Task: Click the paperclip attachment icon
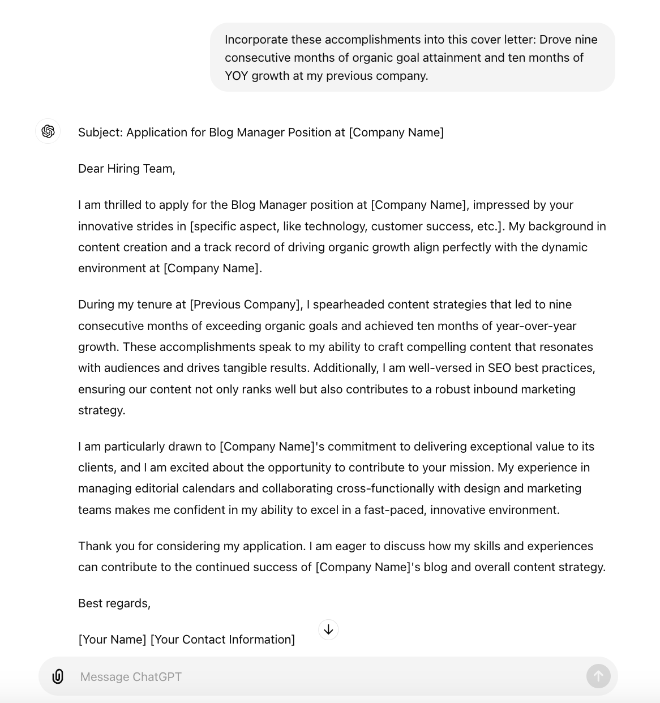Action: [x=58, y=676]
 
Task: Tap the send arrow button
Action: [x=598, y=676]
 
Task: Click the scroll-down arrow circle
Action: [x=328, y=629]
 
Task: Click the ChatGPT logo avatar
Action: [x=48, y=131]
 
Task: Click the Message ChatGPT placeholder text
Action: [x=131, y=677]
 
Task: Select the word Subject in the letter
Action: [x=100, y=132]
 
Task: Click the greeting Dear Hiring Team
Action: [x=127, y=169]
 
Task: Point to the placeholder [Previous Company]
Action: [x=246, y=305]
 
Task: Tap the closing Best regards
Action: [x=114, y=603]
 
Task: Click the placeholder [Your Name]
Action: [x=112, y=640]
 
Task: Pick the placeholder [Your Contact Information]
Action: [x=222, y=640]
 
